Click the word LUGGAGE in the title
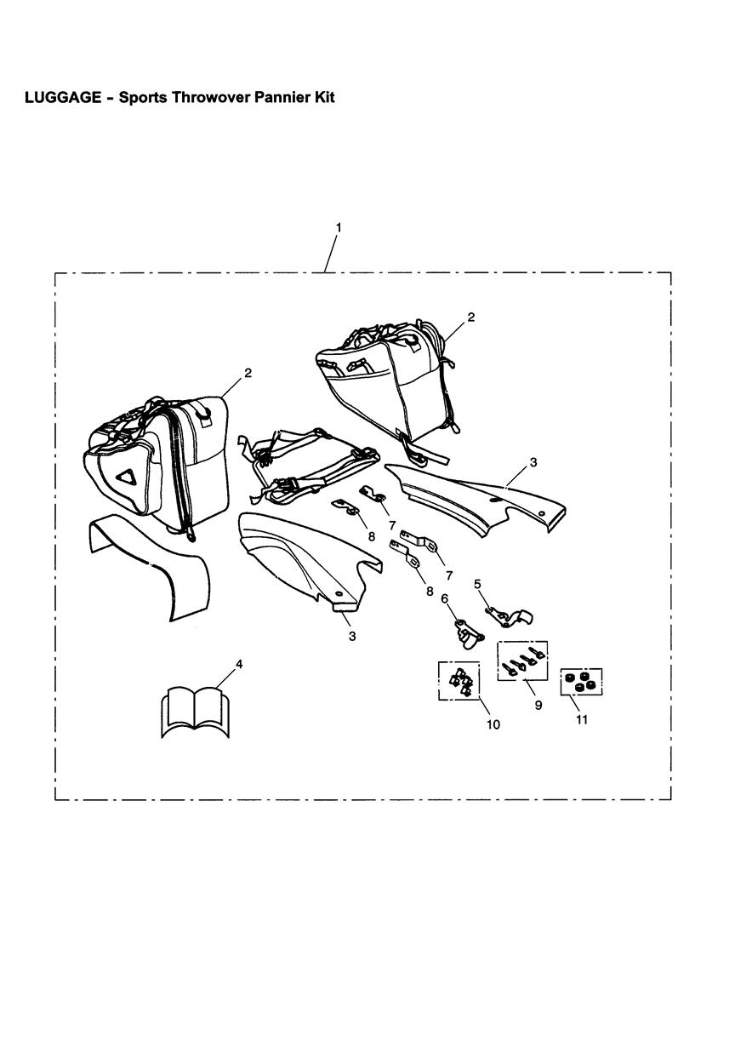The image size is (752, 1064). [x=63, y=97]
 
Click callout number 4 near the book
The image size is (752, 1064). [x=239, y=665]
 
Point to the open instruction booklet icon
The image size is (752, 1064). [x=195, y=711]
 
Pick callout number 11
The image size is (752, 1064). [x=582, y=719]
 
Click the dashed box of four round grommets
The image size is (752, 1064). [x=582, y=682]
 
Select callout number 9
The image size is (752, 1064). [x=538, y=706]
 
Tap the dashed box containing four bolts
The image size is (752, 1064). [x=522, y=661]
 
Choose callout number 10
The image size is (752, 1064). [x=493, y=724]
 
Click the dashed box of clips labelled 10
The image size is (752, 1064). [x=459, y=681]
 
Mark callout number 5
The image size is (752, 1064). [x=477, y=583]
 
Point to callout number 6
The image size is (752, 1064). [x=444, y=599]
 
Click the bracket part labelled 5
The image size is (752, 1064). [x=509, y=617]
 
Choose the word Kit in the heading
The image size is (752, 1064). [x=324, y=97]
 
